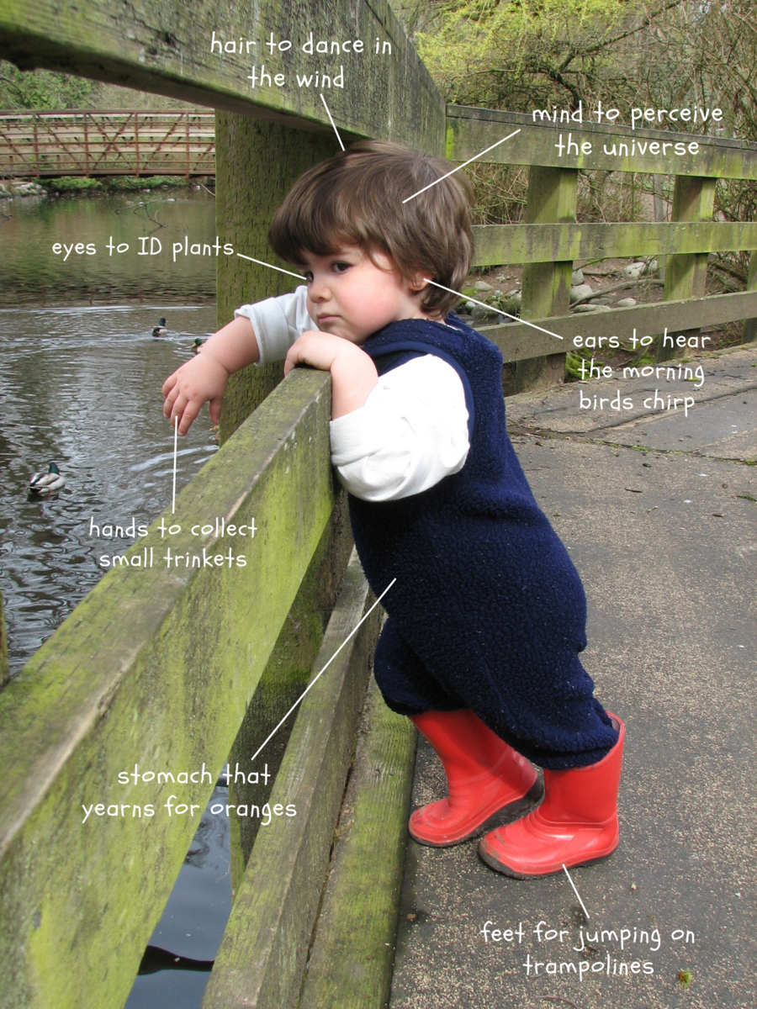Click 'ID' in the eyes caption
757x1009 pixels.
coord(151,248)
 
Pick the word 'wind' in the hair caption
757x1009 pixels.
coord(320,79)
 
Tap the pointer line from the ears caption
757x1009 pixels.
coord(493,309)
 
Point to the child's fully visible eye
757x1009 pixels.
coord(341,267)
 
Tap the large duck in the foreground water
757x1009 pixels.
coord(46,479)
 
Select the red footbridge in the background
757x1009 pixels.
coord(108,144)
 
